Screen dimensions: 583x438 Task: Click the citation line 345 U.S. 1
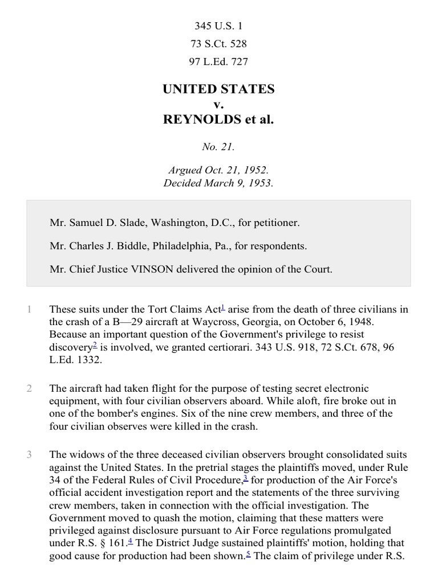pyautogui.click(x=218, y=26)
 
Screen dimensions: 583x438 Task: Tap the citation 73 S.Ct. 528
pyautogui.click(x=218, y=44)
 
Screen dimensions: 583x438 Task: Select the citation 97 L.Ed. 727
pyautogui.click(x=218, y=61)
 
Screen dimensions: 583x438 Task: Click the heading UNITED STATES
pyautogui.click(x=218, y=89)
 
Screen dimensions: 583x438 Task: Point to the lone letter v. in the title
pyautogui.click(x=218, y=105)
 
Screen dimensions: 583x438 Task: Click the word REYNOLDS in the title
pyautogui.click(x=197, y=121)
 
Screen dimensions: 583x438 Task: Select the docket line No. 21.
pyautogui.click(x=218, y=147)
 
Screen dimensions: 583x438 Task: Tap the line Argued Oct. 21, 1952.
pyautogui.click(x=218, y=170)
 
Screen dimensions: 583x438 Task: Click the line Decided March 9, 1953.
pyautogui.click(x=218, y=183)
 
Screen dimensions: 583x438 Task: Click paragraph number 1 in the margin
pyautogui.click(x=28, y=310)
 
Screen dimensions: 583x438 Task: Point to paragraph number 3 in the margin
pyautogui.click(x=28, y=454)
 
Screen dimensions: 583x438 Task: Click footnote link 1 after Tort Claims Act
pyautogui.click(x=222, y=307)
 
